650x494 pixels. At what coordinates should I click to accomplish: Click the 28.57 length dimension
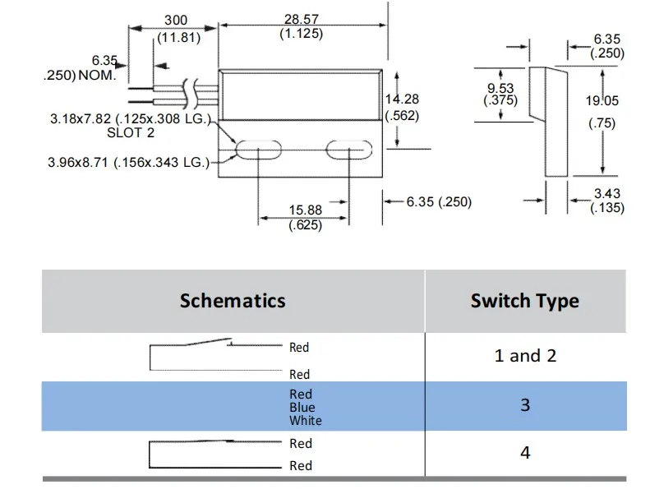pyautogui.click(x=301, y=18)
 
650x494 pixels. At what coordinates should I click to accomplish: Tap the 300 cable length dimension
pyautogui.click(x=176, y=20)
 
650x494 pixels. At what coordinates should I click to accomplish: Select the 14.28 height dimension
pyautogui.click(x=401, y=99)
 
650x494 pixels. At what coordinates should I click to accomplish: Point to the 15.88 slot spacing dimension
pyautogui.click(x=304, y=210)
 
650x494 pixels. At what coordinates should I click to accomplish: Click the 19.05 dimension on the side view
pyautogui.click(x=602, y=101)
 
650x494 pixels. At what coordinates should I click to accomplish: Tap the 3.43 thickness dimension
pyautogui.click(x=606, y=194)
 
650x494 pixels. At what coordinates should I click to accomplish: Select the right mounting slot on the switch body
pyautogui.click(x=348, y=150)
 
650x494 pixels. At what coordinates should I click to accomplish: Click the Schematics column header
pyautogui.click(x=233, y=300)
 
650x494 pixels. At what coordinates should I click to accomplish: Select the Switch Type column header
pyautogui.click(x=524, y=301)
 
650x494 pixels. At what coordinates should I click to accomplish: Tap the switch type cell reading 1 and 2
pyautogui.click(x=525, y=356)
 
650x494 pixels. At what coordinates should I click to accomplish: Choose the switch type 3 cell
pyautogui.click(x=525, y=405)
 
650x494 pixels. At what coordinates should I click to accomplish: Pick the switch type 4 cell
pyautogui.click(x=525, y=453)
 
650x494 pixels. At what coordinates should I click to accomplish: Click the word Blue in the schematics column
pyautogui.click(x=302, y=408)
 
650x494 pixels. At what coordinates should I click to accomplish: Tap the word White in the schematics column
pyautogui.click(x=305, y=421)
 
